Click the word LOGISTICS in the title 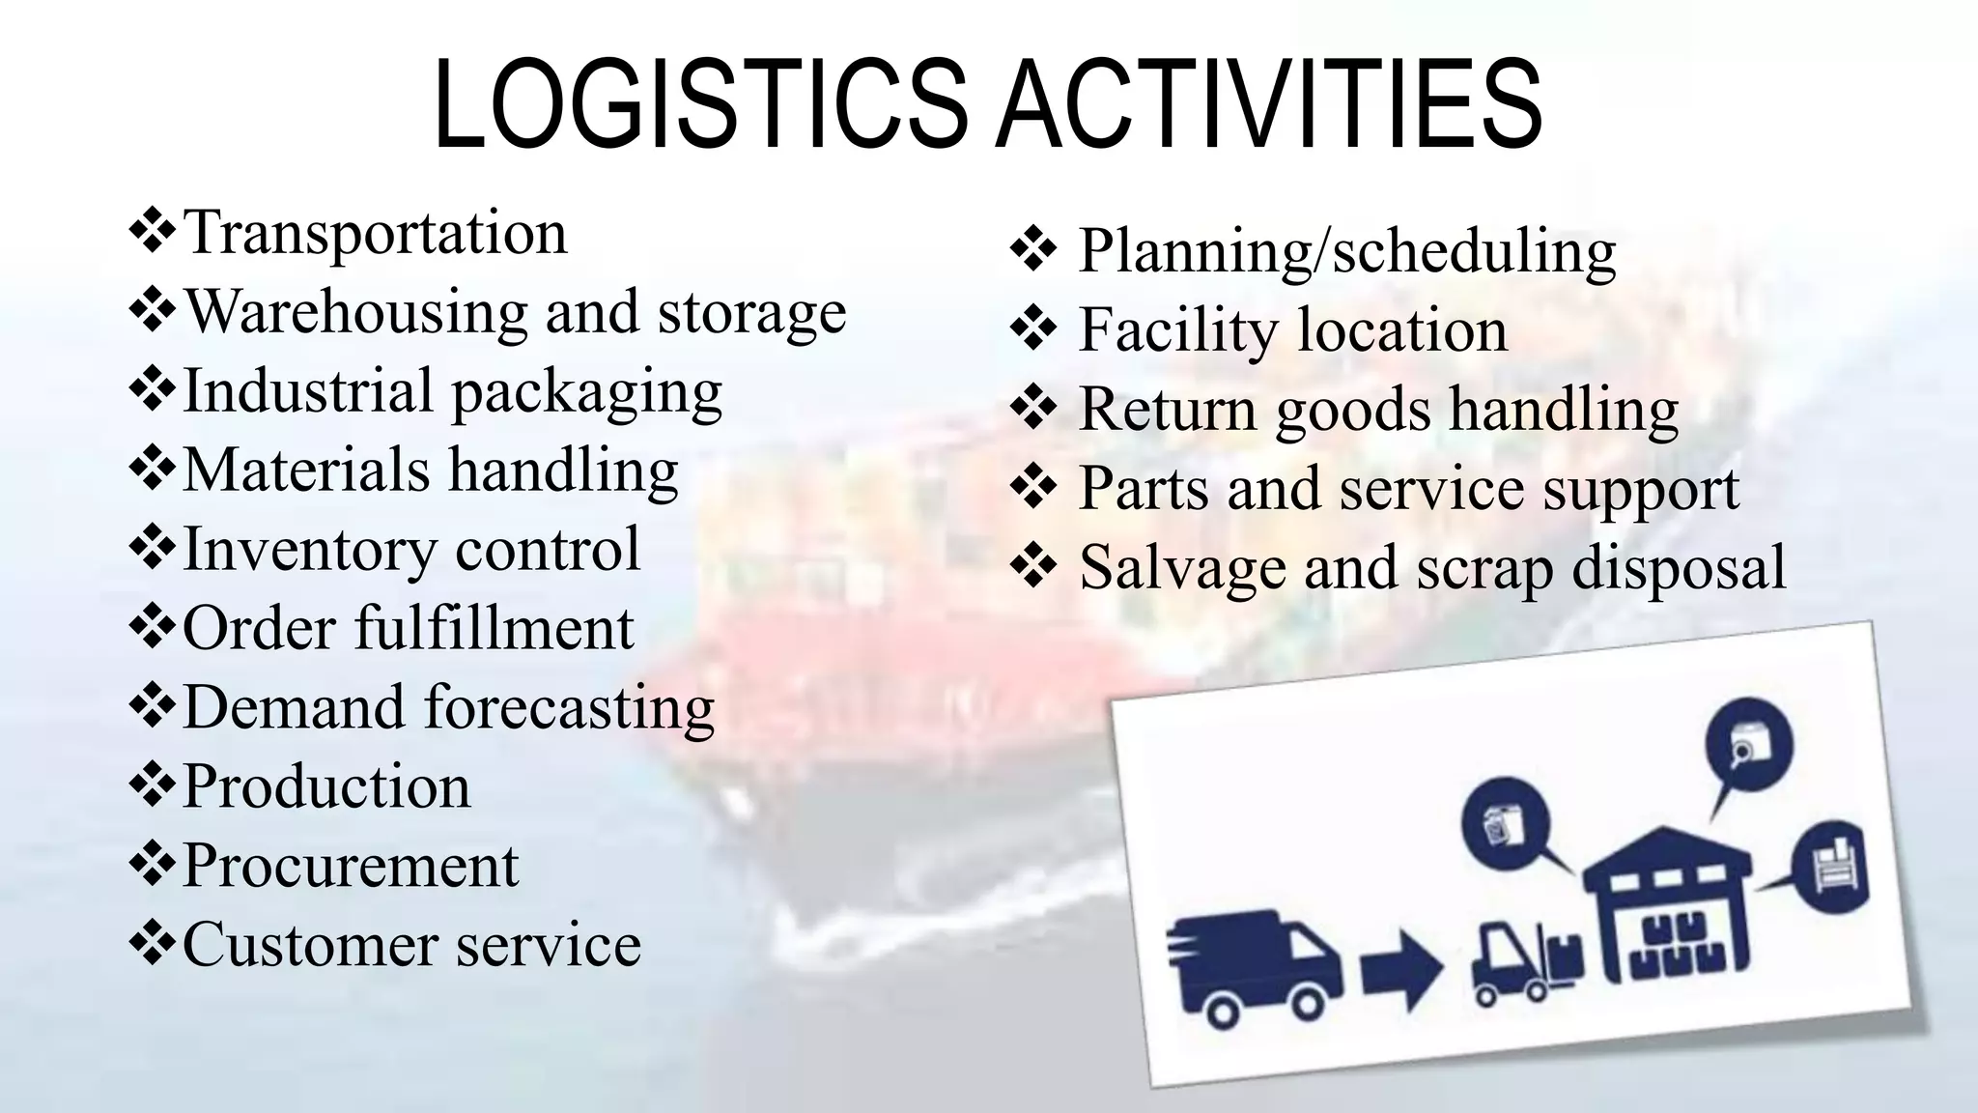pos(700,105)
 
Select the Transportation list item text pos(375,233)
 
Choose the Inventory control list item pos(411,550)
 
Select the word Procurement pos(351,865)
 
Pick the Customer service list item pos(411,944)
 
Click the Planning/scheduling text pos(1346,251)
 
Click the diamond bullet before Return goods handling pos(1033,410)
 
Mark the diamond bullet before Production pos(152,785)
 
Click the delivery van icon pos(1253,966)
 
